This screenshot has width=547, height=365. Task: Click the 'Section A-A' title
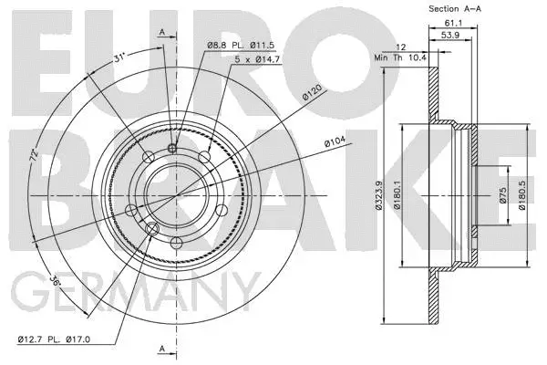tap(455, 9)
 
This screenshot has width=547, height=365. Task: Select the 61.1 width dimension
tap(453, 23)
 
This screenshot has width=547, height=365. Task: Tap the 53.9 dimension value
tap(450, 35)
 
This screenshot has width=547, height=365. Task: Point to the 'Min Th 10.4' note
tap(400, 57)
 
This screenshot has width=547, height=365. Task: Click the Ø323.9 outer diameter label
tap(379, 195)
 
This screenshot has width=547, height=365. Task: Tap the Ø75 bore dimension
tap(502, 195)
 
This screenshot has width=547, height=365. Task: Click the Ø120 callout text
tap(312, 92)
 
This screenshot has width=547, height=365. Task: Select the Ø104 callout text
tap(335, 141)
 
